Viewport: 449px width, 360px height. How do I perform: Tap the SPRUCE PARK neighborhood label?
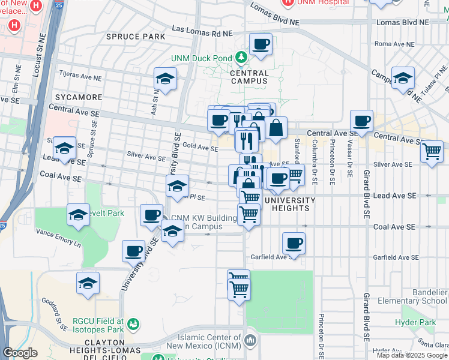pyautogui.click(x=135, y=37)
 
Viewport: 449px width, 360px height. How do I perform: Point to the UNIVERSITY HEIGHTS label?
pyautogui.click(x=289, y=204)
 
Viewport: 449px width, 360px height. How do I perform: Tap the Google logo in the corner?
pyautogui.click(x=20, y=353)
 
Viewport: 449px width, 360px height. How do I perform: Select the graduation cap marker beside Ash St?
pyautogui.click(x=165, y=79)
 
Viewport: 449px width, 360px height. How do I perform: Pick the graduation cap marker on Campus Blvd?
pyautogui.click(x=403, y=78)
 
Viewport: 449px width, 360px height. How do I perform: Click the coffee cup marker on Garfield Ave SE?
pyautogui.click(x=294, y=244)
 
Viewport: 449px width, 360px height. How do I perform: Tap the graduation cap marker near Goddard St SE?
pyautogui.click(x=88, y=283)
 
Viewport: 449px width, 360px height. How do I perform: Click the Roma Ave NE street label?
pyautogui.click(x=391, y=44)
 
